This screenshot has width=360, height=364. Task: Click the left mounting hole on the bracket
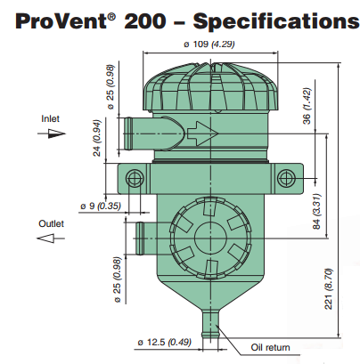pos(134,174)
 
